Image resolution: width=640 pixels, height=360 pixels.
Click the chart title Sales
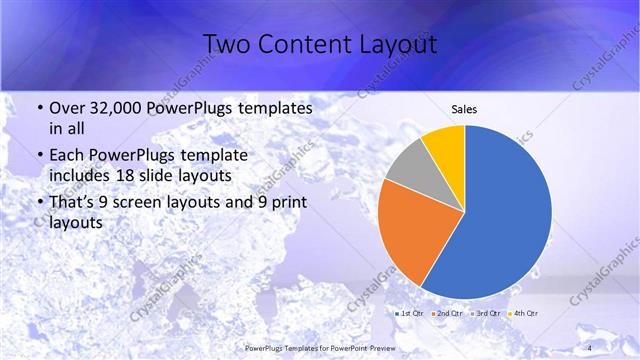tap(464, 109)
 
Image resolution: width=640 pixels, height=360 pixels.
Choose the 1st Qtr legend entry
tap(412, 314)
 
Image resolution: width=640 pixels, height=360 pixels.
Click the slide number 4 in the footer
tap(589, 347)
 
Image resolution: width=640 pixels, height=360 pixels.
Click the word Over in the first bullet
tap(67, 108)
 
